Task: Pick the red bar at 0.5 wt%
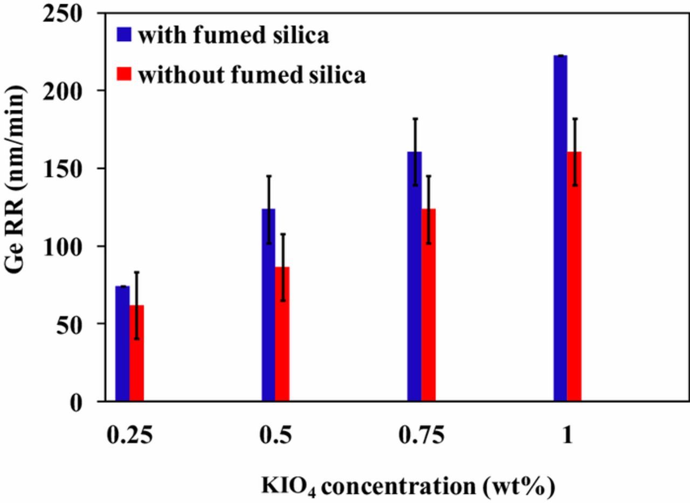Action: click(x=282, y=334)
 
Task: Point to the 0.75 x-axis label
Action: click(x=422, y=435)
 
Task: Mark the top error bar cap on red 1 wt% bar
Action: click(x=575, y=118)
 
